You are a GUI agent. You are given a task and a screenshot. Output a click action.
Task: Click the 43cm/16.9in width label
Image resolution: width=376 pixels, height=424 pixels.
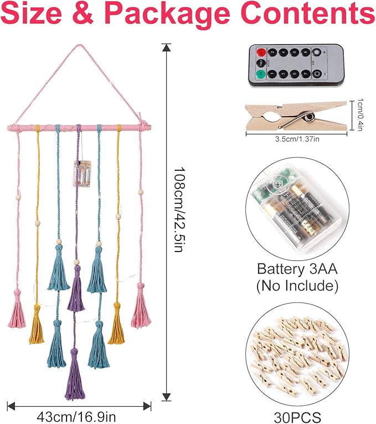(77, 414)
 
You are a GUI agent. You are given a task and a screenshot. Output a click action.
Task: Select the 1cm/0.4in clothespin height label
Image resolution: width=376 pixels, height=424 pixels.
(359, 115)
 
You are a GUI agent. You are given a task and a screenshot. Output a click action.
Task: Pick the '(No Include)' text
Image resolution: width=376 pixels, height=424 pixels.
(297, 286)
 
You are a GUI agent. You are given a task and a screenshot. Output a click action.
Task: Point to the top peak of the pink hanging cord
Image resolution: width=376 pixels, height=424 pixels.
(79, 46)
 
